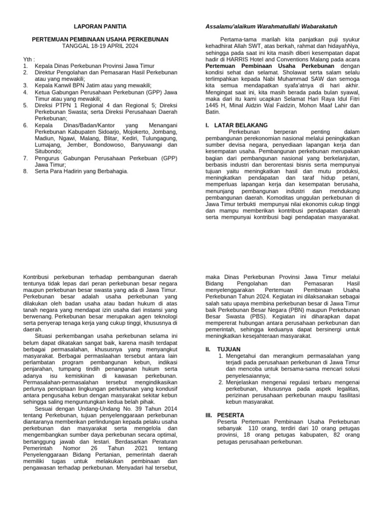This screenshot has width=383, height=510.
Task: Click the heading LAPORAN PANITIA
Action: [100, 26]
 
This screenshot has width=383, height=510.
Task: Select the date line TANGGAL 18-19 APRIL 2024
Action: [100, 46]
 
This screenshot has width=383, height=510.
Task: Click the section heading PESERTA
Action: [230, 414]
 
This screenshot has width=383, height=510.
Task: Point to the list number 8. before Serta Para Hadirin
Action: [25, 171]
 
